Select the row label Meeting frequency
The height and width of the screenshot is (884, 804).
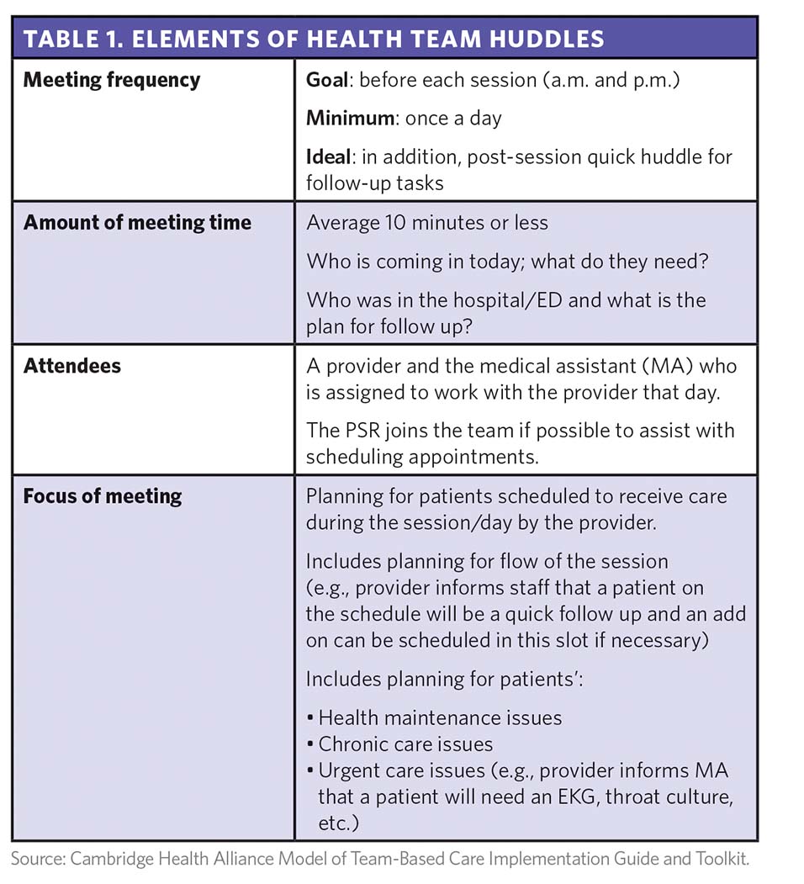[111, 81]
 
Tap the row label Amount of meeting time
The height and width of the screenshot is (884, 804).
[137, 223]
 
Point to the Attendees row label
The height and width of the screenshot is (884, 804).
[72, 366]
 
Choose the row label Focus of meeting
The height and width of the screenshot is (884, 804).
[103, 496]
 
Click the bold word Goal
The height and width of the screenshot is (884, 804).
[327, 81]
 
